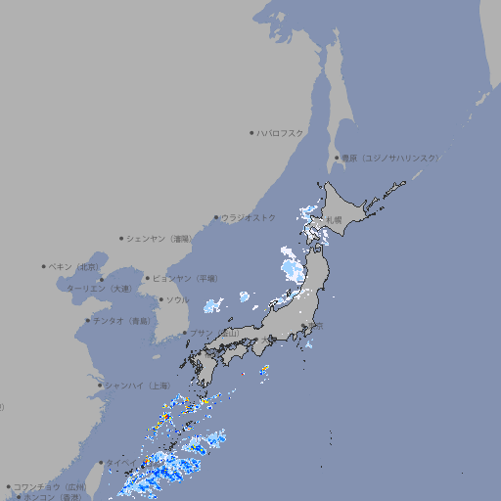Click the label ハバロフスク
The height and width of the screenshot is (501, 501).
pyautogui.click(x=281, y=132)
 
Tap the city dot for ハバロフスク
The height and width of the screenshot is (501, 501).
pyautogui.click(x=252, y=132)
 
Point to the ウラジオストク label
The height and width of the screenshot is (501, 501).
pyautogui.click(x=250, y=217)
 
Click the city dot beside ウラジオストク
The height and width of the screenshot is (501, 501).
pyautogui.click(x=216, y=217)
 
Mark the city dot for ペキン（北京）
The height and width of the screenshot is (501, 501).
pyautogui.click(x=44, y=266)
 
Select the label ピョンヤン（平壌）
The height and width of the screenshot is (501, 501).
pyautogui.click(x=185, y=278)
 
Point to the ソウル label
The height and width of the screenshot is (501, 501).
pyautogui.click(x=177, y=299)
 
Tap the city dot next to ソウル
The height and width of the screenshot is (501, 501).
pyautogui.click(x=160, y=299)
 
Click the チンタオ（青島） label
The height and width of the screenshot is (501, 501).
pyautogui.click(x=122, y=320)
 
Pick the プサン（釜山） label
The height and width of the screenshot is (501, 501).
pyautogui.click(x=214, y=334)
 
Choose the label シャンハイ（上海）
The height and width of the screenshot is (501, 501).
pyautogui.click(x=135, y=385)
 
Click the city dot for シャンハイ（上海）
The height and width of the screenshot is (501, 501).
pyautogui.click(x=100, y=385)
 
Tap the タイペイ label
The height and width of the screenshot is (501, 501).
pyautogui.click(x=123, y=462)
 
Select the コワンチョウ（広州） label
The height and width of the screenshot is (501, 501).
pyautogui.click(x=49, y=486)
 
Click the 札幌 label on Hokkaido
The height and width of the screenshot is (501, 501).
pyautogui.click(x=335, y=219)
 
